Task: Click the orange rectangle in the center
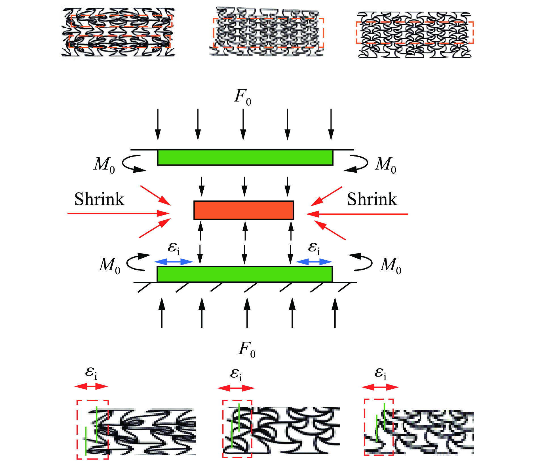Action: [244, 210]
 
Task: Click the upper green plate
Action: [245, 157]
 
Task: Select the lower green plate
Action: [244, 274]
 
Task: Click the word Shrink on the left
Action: [99, 199]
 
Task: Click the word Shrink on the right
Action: [372, 199]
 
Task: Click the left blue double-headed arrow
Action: [174, 262]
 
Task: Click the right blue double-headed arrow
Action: [314, 262]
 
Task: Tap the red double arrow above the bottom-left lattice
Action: [91, 386]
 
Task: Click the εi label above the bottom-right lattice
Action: [380, 373]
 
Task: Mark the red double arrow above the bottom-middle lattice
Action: [236, 388]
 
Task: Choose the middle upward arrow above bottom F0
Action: [247, 313]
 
